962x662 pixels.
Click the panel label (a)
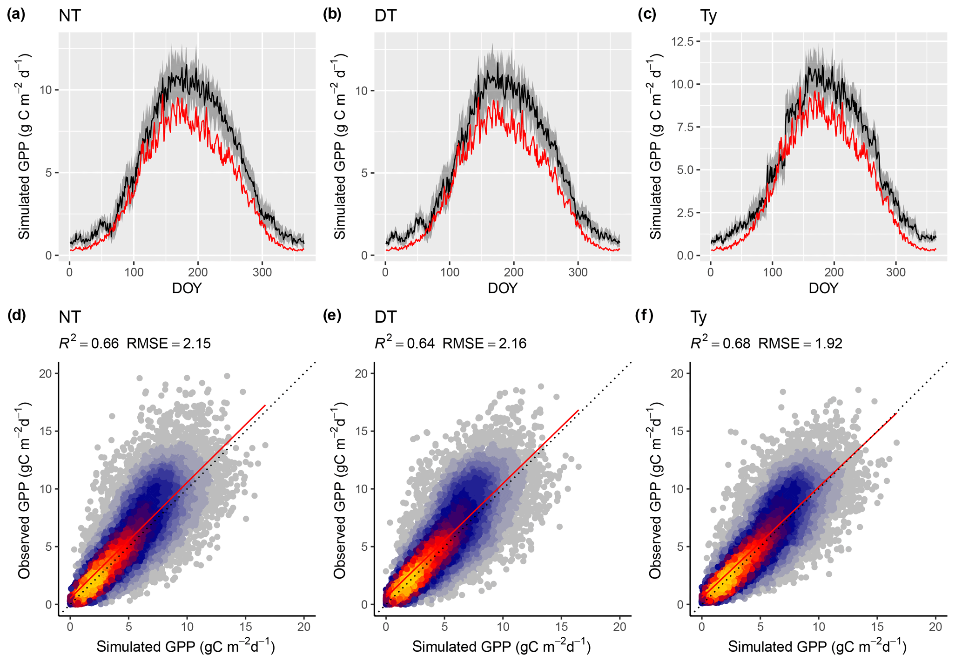(16, 14)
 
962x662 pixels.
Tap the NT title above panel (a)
(70, 16)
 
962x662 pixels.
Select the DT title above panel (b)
(385, 16)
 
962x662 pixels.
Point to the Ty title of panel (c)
(708, 16)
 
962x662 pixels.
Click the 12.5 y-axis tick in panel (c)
(683, 41)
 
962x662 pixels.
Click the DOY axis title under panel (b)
(503, 288)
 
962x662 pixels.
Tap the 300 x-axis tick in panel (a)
(262, 272)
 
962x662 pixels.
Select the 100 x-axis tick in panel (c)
(773, 272)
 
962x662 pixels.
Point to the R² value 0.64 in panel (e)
(421, 344)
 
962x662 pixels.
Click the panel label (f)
(644, 316)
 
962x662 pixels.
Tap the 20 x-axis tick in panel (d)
(303, 627)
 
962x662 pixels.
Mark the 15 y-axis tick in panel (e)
(361, 431)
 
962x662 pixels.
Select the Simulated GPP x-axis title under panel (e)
(501, 647)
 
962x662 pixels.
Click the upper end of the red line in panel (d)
(265, 405)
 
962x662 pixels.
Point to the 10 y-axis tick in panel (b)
(361, 90)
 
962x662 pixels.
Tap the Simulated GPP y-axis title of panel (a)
(24, 147)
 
